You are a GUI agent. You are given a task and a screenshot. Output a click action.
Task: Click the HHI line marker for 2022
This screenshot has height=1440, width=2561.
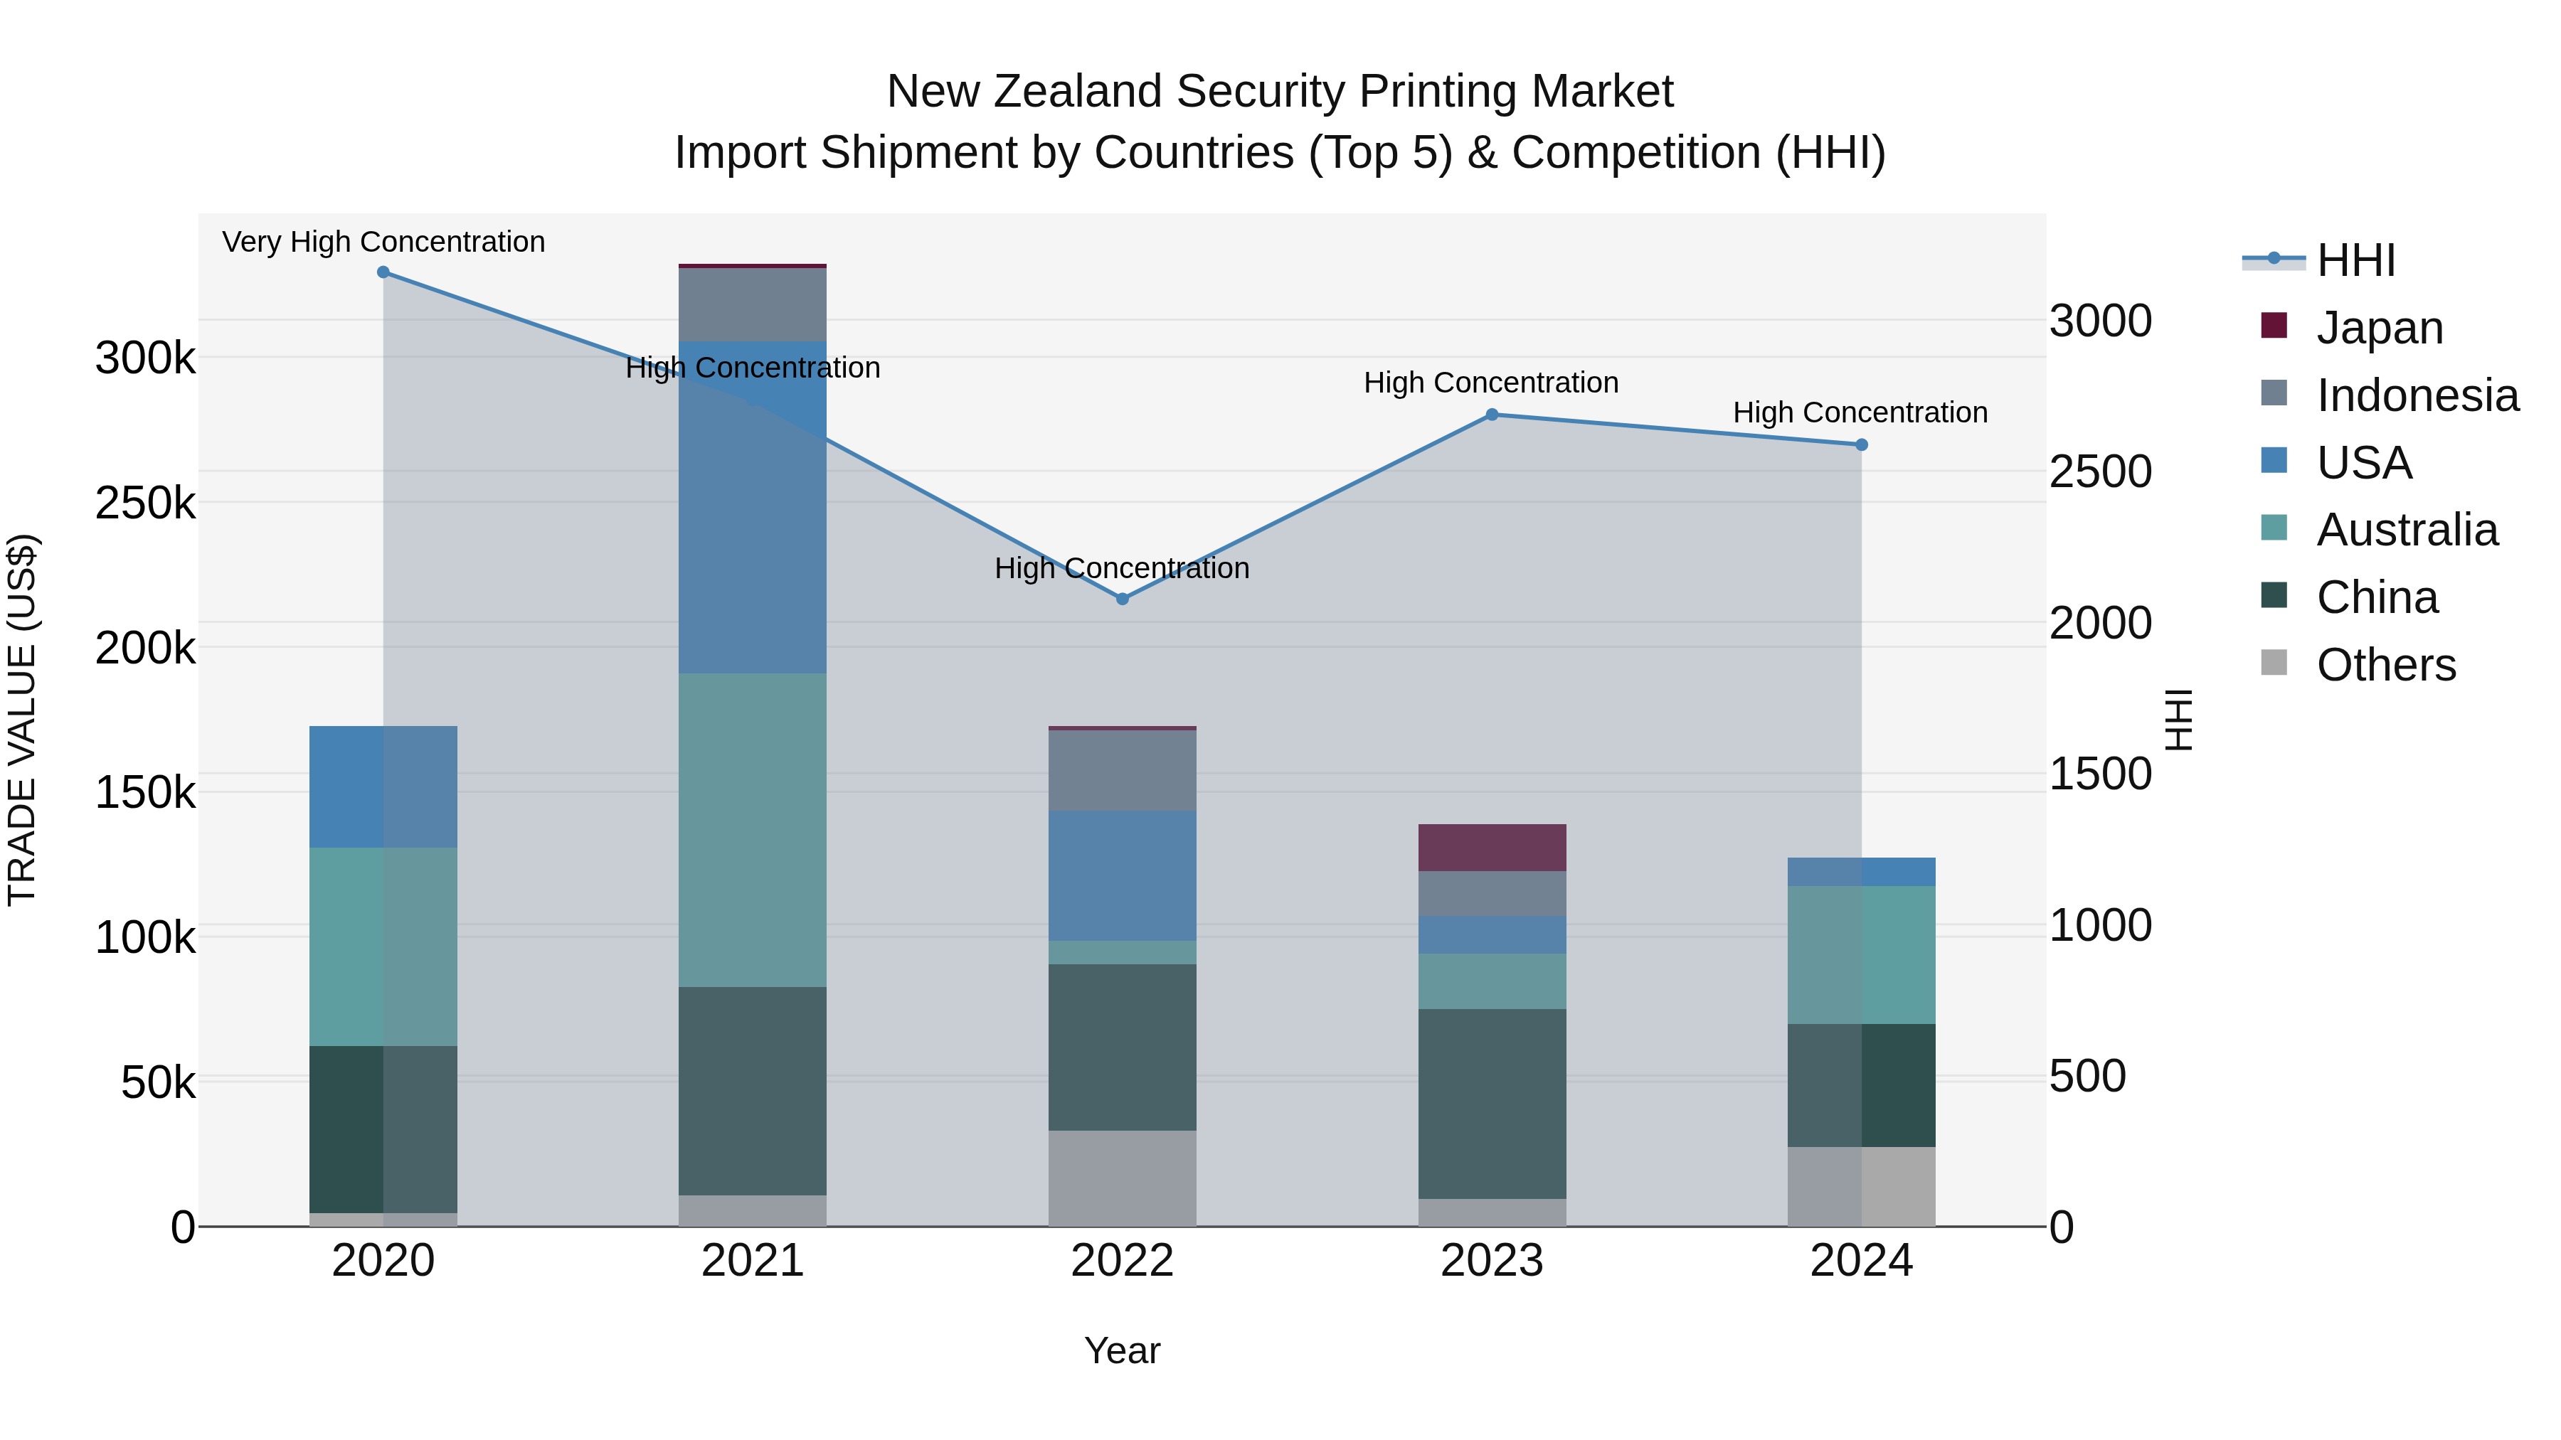1123,599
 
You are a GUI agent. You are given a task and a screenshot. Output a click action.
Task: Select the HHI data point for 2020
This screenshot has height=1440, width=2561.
383,272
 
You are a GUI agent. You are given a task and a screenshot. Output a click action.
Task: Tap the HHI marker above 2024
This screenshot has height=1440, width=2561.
1862,445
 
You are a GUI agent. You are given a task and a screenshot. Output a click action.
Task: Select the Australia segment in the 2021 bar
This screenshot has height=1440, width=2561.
753,830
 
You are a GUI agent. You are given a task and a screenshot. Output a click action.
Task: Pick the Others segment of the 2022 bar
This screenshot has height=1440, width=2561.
1123,1178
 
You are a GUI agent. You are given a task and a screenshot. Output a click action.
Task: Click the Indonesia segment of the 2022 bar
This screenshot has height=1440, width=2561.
1123,770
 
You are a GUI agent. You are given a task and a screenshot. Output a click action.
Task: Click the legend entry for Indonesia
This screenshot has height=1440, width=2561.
2416,395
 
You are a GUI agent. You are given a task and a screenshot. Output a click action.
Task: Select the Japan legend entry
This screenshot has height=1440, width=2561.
2378,328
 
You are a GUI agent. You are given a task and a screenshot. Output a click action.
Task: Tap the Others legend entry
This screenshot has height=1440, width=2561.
2385,665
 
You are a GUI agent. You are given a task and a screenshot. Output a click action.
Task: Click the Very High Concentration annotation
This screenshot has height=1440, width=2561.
383,242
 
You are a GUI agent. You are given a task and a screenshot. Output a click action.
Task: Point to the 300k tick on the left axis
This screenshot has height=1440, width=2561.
145,358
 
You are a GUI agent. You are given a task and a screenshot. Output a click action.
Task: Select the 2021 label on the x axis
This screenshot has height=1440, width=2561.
753,1261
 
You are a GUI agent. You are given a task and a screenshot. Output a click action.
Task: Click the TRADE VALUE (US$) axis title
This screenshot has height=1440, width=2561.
22,720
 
